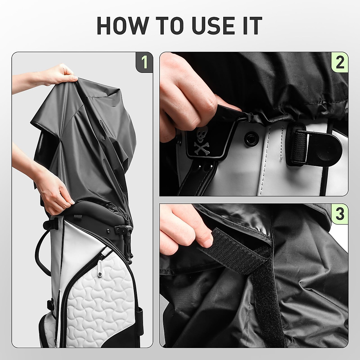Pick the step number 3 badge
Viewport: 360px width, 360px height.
click(x=340, y=213)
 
